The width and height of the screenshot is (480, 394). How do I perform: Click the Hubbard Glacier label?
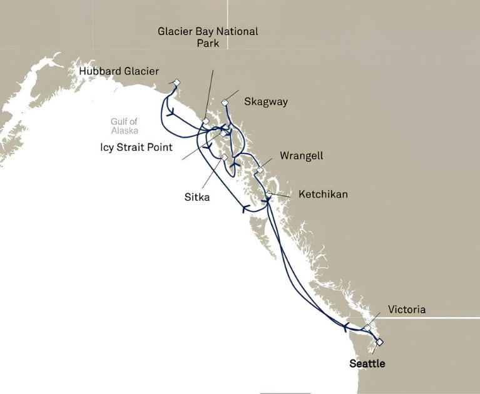[x=119, y=72]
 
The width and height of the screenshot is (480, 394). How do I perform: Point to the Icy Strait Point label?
[x=137, y=148]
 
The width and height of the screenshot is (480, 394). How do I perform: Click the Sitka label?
[x=197, y=198]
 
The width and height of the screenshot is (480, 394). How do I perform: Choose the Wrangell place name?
[x=302, y=156]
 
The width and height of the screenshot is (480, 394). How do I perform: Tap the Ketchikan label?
[x=323, y=194]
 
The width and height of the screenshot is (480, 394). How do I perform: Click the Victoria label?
[x=407, y=310]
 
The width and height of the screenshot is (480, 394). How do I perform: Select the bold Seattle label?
[x=367, y=363]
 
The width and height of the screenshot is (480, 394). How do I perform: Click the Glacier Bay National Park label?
[x=208, y=37]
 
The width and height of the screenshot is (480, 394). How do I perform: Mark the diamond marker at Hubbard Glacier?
[x=177, y=83]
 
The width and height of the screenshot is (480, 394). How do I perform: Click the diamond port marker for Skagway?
[x=226, y=103]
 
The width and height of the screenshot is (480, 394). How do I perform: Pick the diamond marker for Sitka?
[x=223, y=157]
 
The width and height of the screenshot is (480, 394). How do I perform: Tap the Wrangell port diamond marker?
[x=260, y=169]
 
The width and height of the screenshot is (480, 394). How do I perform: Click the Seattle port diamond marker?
[x=379, y=342]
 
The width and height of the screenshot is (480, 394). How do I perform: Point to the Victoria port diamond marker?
[x=368, y=327]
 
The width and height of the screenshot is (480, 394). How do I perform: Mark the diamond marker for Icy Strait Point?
[x=222, y=133]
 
